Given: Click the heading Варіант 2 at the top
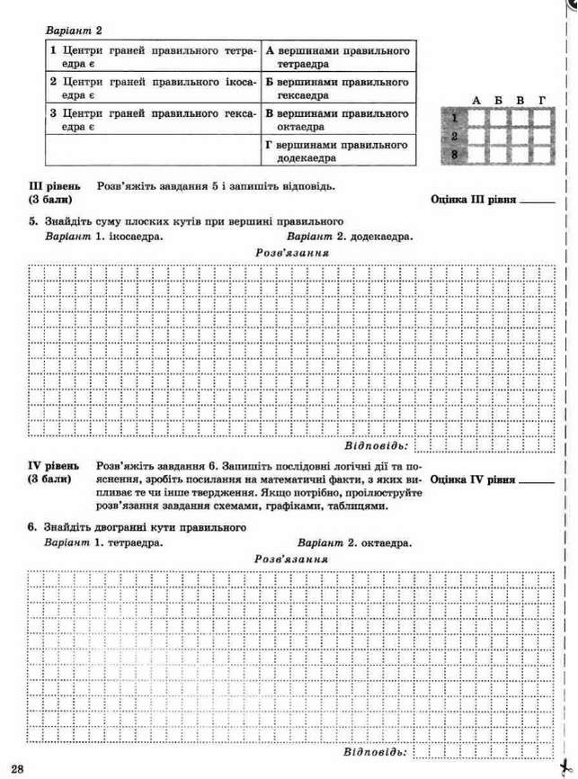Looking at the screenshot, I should tap(73, 30).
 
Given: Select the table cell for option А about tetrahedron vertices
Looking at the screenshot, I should tap(338, 57).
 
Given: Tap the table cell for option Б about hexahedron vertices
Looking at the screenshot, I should tap(338, 88).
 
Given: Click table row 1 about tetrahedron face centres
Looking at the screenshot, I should tap(153, 57).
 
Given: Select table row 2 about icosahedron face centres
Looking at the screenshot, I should tap(153, 88).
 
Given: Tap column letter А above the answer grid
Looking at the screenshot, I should tap(476, 100).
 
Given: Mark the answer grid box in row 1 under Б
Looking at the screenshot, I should tap(497, 117).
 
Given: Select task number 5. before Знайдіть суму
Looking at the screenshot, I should tap(32, 221).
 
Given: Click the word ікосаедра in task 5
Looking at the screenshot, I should tap(134, 237).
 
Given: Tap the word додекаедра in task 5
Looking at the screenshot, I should tap(382, 237).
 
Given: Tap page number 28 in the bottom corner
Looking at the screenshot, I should tap(18, 766).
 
